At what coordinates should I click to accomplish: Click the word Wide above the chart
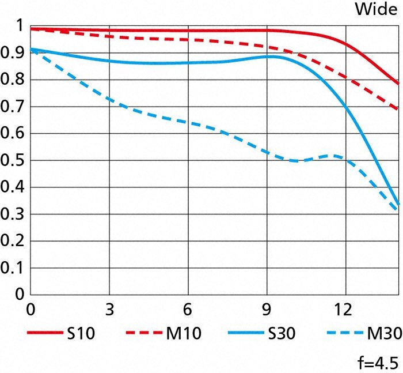tap(375, 10)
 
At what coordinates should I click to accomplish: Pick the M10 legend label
tap(185, 333)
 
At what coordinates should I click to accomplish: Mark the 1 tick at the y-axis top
tap(19, 26)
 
